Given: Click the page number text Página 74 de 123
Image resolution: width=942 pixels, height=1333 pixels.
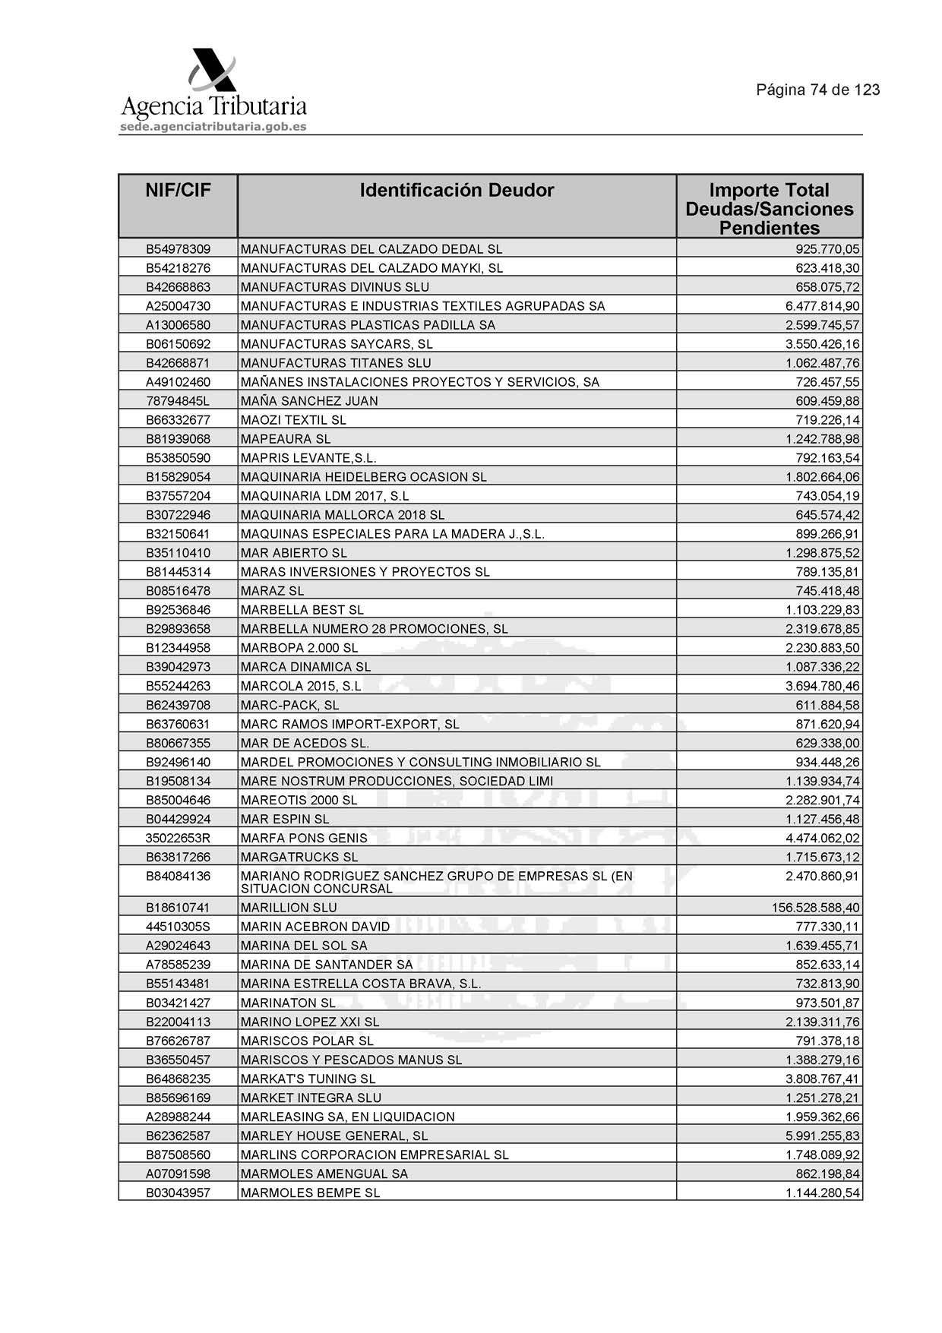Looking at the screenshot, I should pyautogui.click(x=817, y=90).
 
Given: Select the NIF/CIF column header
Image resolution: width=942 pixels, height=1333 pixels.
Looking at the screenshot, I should pyautogui.click(x=178, y=191).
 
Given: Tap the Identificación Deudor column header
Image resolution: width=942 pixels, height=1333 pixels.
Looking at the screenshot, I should pyautogui.click(x=457, y=191).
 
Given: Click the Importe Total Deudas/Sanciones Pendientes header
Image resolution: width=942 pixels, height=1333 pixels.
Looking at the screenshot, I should pyautogui.click(x=769, y=209).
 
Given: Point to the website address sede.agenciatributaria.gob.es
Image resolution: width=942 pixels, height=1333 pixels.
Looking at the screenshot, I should pyautogui.click(x=213, y=127).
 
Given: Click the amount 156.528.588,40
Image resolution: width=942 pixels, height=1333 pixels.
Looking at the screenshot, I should pyautogui.click(x=815, y=908).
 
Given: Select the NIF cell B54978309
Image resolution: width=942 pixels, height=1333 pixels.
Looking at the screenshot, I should pyautogui.click(x=178, y=249).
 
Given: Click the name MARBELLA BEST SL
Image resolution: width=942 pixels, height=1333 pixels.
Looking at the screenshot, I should pyautogui.click(x=302, y=610).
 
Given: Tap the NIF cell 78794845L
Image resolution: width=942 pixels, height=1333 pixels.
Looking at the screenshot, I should pyautogui.click(x=178, y=401).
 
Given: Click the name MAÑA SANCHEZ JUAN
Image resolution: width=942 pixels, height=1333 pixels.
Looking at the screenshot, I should pyautogui.click(x=309, y=401).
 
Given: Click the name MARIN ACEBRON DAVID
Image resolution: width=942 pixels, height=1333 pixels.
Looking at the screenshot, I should pyautogui.click(x=315, y=927).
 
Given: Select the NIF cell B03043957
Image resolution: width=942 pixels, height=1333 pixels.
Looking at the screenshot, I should pyautogui.click(x=178, y=1192).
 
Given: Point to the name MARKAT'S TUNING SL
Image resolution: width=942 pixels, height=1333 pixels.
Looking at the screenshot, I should pyautogui.click(x=308, y=1079).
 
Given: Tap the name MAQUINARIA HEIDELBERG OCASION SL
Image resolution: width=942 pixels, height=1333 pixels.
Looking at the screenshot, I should pyautogui.click(x=363, y=477).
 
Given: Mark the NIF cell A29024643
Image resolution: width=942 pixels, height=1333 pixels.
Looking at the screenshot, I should pyautogui.click(x=178, y=946).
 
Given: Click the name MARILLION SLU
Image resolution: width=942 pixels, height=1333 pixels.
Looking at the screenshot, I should pyautogui.click(x=289, y=908).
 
